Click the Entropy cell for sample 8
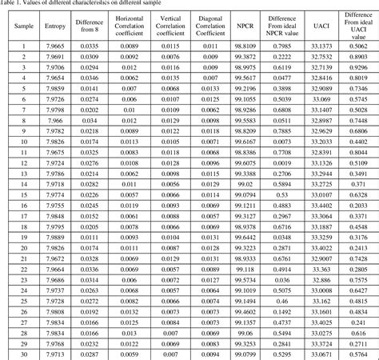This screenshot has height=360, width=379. pos(55,120)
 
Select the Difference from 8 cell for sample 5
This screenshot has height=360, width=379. pos(91,88)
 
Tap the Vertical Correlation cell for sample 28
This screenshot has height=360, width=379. pos(169,333)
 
